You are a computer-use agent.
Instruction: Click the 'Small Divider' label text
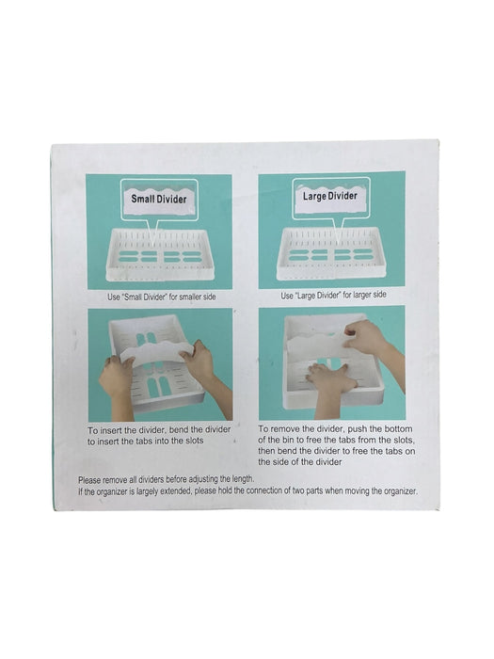click(158, 199)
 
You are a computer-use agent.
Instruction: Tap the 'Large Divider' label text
click(330, 196)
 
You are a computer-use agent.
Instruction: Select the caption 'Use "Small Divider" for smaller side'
click(162, 297)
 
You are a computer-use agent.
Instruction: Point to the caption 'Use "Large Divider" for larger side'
click(333, 295)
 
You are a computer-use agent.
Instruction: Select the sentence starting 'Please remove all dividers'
click(167, 479)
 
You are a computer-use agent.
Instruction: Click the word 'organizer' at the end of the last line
click(399, 490)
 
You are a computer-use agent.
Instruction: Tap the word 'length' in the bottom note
click(242, 479)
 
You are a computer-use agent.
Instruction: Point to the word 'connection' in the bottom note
click(263, 490)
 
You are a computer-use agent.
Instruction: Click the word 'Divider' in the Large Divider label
click(343, 196)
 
